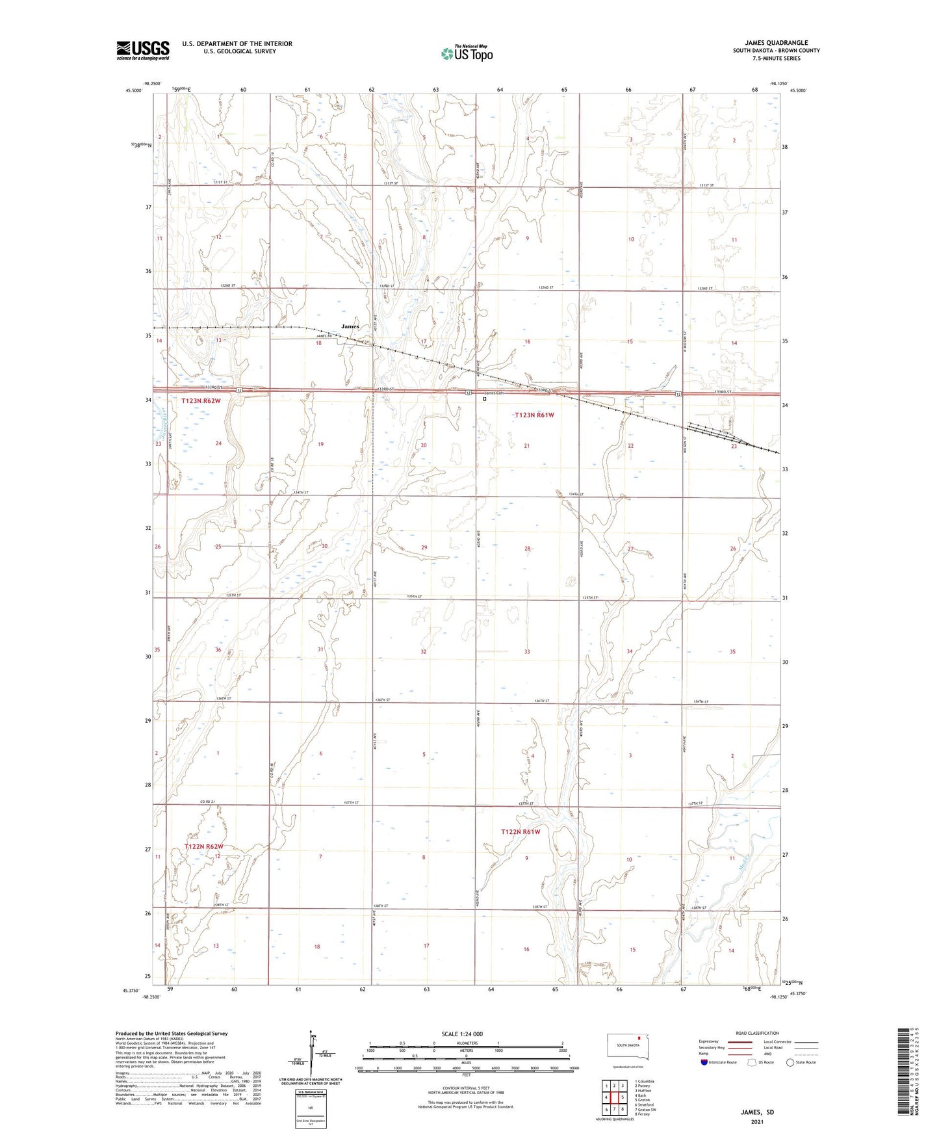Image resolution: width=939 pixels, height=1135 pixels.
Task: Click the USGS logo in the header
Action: click(143, 50)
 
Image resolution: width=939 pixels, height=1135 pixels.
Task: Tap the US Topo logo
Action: click(466, 53)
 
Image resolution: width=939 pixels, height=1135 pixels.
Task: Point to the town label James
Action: click(350, 326)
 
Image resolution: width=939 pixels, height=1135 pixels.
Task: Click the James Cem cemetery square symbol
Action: click(484, 400)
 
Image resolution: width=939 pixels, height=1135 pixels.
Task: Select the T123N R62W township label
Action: click(201, 401)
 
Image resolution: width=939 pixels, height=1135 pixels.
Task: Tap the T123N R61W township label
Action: click(534, 415)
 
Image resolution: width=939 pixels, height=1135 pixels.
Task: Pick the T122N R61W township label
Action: click(521, 831)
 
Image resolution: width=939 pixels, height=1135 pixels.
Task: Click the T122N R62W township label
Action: click(203, 846)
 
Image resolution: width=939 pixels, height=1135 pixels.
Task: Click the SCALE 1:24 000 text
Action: click(462, 1034)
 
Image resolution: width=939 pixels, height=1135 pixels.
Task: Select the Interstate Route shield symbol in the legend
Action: click(704, 1062)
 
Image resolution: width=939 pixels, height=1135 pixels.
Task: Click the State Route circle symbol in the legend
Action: click(790, 1062)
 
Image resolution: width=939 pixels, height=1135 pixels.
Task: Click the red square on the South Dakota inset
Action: click(638, 1037)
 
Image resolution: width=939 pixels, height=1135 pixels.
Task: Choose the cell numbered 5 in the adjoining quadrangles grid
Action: click(623, 1096)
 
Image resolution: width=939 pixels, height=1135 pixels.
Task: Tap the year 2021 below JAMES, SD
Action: click(757, 1121)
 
